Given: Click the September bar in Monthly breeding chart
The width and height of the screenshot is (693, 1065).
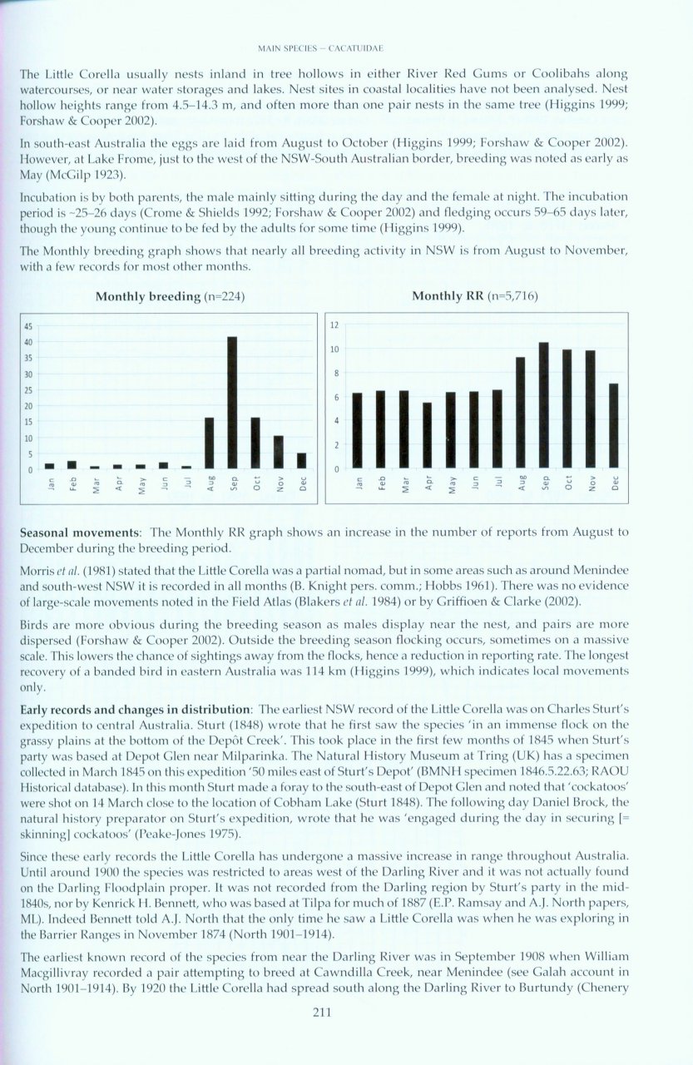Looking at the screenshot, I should (x=232, y=403).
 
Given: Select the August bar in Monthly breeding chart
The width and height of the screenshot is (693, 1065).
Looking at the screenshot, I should (x=209, y=443).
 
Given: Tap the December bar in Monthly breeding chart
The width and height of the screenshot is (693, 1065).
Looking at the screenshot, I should (x=301, y=460).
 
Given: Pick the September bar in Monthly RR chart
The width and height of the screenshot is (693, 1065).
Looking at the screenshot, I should (x=543, y=405).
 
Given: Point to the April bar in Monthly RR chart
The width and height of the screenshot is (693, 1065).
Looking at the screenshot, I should (x=428, y=435).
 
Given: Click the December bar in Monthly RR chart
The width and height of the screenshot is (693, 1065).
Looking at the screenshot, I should (x=613, y=425).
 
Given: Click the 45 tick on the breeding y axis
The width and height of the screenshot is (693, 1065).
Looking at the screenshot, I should (x=27, y=326).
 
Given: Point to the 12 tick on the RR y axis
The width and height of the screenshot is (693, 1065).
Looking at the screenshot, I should (x=334, y=324).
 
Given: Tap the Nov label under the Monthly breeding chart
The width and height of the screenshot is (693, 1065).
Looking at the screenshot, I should (x=280, y=483).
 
